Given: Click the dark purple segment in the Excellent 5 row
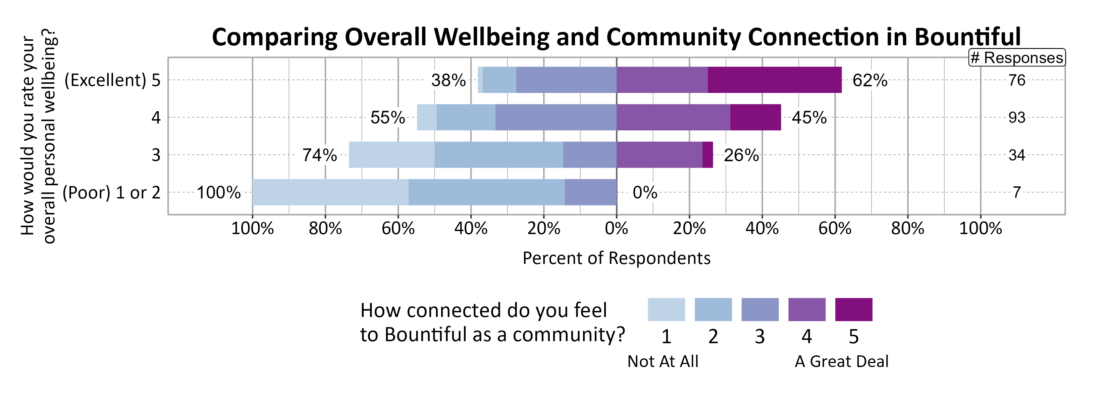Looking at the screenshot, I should point(774,80).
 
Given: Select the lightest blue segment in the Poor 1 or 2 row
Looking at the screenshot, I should point(330,192).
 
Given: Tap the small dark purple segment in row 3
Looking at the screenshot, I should point(707,155).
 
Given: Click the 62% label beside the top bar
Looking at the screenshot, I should point(870,80).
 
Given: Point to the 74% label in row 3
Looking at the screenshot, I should point(319,155).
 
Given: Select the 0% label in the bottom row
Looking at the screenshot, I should point(645,192).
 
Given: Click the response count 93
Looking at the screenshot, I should point(1017,118).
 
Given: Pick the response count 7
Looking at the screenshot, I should point(1017,192).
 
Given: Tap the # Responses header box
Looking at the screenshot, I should point(1017,58).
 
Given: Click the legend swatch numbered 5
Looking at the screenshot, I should point(853,309).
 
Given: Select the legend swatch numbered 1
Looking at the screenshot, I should point(666,309).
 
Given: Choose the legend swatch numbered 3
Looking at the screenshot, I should point(760,309).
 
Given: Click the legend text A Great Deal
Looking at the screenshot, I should point(841,361).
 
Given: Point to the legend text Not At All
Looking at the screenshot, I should point(663,361).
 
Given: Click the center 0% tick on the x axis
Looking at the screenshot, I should point(616,228).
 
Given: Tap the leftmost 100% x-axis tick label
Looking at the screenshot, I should point(252,228).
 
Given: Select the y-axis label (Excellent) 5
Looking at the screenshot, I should point(112,80).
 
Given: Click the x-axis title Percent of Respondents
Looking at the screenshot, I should point(616,258).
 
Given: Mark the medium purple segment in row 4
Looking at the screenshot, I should point(673,118).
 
